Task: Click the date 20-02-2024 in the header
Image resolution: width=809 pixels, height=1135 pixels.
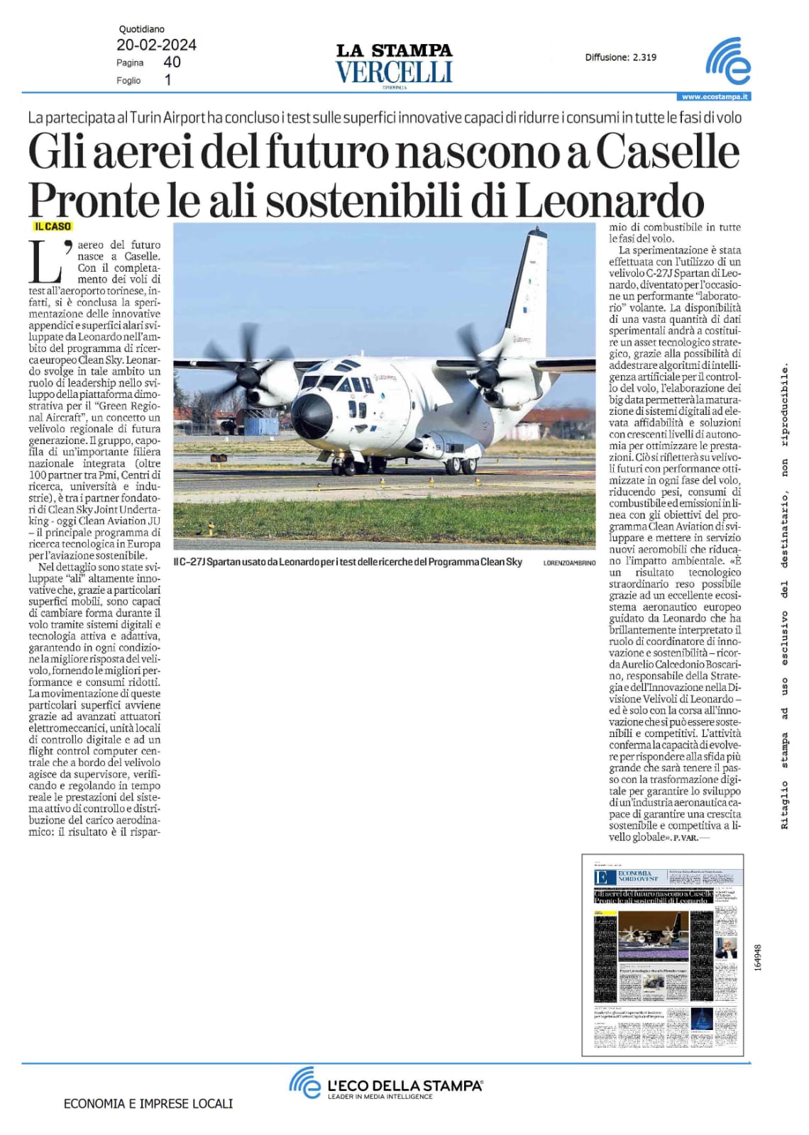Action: [156, 45]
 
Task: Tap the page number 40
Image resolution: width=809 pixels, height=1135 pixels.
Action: [172, 62]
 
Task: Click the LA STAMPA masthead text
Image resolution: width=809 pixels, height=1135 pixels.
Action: [394, 50]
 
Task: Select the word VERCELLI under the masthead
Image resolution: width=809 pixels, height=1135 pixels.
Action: [394, 72]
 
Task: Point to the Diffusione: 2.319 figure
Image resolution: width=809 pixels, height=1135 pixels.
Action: [621, 57]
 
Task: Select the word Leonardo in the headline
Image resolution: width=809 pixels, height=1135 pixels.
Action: [609, 201]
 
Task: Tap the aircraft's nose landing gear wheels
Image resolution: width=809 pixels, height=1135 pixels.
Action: [346, 467]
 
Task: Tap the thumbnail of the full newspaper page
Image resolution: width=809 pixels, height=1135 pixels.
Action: [663, 955]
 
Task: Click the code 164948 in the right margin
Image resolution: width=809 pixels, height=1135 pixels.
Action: [758, 956]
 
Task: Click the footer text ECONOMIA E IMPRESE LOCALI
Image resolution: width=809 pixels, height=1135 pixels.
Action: [148, 1104]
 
